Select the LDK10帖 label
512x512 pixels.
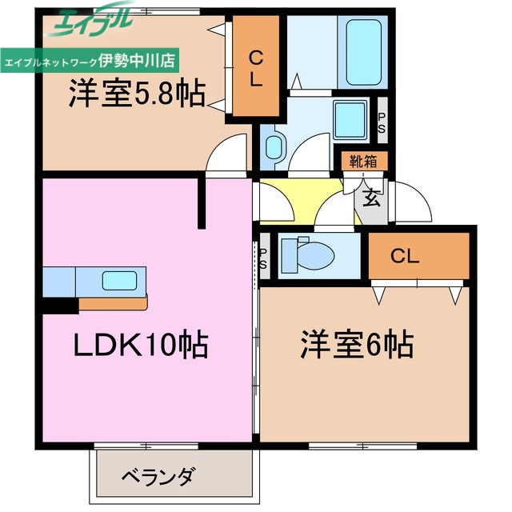click(x=141, y=346)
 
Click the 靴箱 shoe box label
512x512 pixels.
click(x=364, y=161)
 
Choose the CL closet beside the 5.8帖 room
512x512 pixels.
click(x=255, y=69)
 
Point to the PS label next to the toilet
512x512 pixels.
click(x=263, y=259)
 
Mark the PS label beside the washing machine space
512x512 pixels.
click(x=382, y=123)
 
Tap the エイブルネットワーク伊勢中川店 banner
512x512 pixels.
click(x=92, y=60)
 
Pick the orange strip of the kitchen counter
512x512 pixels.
click(x=112, y=303)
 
